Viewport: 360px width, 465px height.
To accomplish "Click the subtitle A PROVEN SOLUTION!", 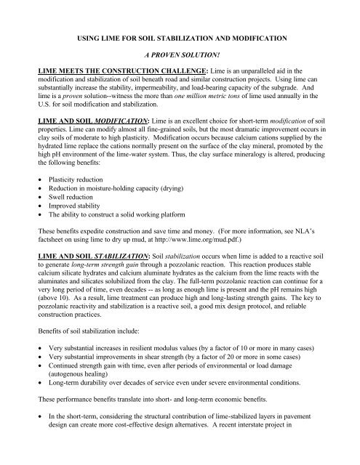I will point(180,53).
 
